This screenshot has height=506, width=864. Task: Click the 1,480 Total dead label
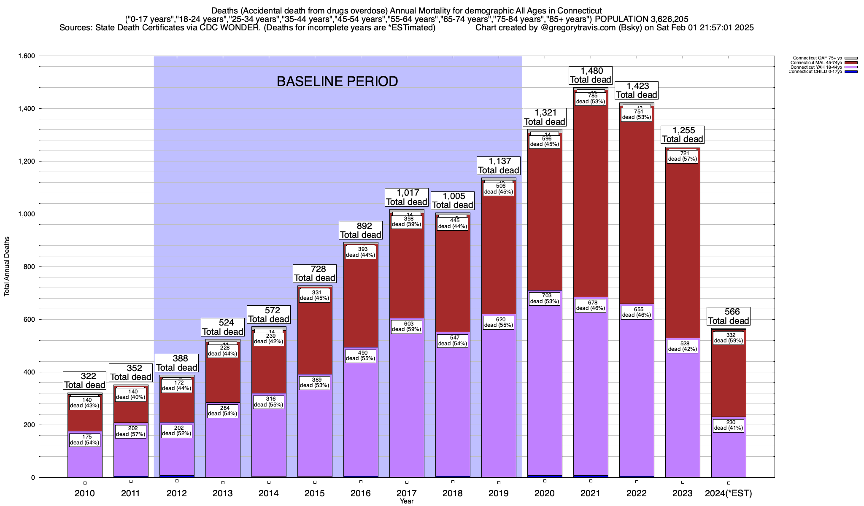[x=590, y=75]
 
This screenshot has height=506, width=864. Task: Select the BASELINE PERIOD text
[x=337, y=81]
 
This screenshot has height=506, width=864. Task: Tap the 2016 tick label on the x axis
[x=361, y=493]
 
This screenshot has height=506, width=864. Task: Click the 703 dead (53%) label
[x=545, y=299]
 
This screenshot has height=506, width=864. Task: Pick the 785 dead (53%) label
[x=591, y=99]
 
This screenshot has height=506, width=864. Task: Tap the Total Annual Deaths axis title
[x=7, y=266]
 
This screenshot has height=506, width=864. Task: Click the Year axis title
[x=407, y=501]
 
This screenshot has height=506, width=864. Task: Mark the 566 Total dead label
[x=729, y=316]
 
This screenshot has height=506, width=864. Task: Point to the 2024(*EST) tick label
[x=729, y=493]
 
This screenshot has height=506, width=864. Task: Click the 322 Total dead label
[x=85, y=380]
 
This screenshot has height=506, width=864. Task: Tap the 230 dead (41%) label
[x=729, y=425]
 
